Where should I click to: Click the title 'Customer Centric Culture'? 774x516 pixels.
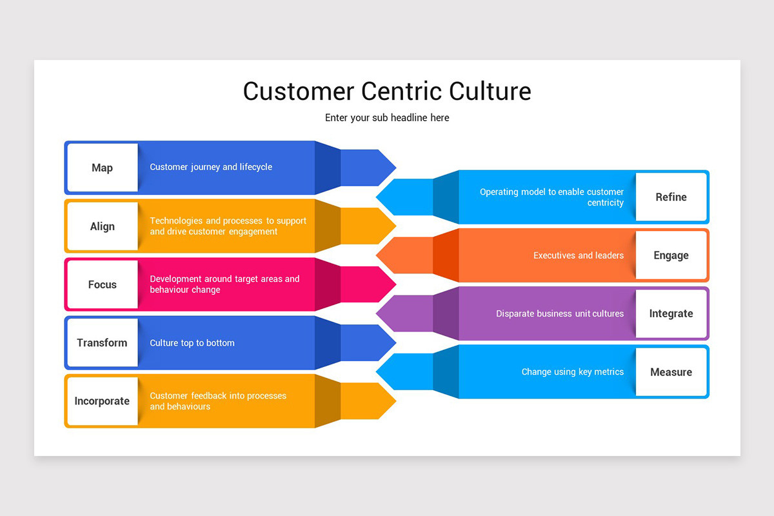(387, 91)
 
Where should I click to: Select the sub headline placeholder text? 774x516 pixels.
(387, 118)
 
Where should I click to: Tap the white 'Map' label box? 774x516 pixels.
(102, 168)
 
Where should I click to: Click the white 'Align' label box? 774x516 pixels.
(102, 226)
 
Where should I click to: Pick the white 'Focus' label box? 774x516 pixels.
(102, 284)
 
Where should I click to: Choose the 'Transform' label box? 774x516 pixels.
(102, 342)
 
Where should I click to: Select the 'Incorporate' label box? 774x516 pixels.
(102, 401)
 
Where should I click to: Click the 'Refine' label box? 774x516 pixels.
(671, 197)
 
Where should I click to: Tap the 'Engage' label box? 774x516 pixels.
(671, 255)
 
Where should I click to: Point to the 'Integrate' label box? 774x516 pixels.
(671, 313)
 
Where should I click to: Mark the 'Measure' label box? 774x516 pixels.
(671, 372)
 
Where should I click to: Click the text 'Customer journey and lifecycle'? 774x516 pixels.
(211, 167)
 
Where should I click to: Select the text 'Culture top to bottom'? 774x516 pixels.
(192, 343)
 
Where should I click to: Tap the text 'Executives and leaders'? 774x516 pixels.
(579, 255)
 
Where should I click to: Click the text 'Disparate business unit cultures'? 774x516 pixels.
(560, 314)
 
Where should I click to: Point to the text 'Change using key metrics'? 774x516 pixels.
(572, 372)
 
